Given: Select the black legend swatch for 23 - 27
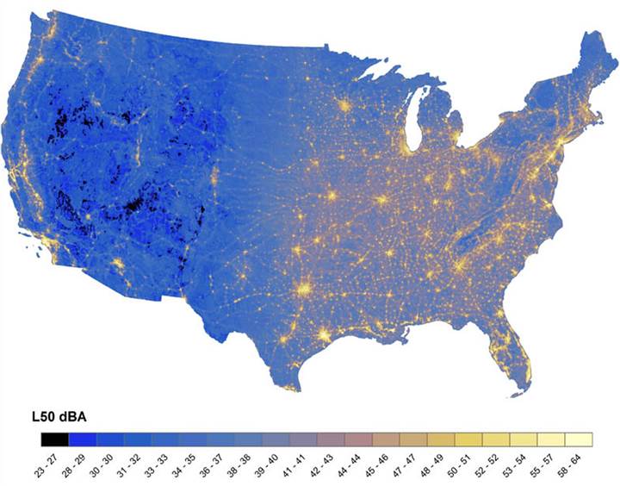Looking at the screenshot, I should pyautogui.click(x=54, y=439).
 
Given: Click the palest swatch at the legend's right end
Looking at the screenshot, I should pyautogui.click(x=579, y=439).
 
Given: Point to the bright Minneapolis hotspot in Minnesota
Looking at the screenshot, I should pyautogui.click(x=344, y=107).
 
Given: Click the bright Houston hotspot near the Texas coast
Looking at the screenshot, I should pyautogui.click(x=325, y=334).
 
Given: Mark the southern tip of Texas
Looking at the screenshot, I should pyautogui.click(x=294, y=386).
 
